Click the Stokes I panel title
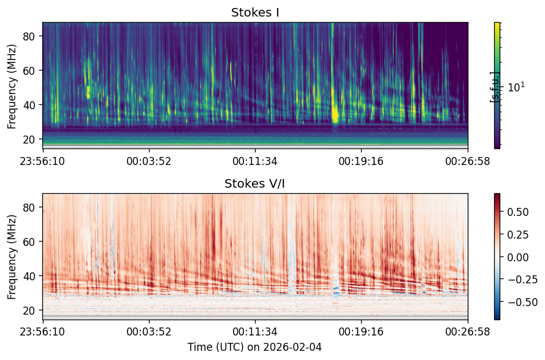coord(255,12)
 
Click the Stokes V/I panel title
coord(255,183)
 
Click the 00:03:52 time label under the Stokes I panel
coord(149,161)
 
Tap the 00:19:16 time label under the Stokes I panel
coord(361,161)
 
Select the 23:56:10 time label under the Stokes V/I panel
coord(42,331)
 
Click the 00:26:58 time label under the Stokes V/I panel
coord(468,331)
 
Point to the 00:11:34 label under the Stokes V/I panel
coord(255,331)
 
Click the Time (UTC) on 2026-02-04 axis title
coord(255,347)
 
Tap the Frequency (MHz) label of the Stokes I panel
coord(12,86)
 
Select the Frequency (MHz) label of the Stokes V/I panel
coord(12,257)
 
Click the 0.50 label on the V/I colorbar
coord(518,212)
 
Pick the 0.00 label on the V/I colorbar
coord(518,258)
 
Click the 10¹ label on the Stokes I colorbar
coord(517,86)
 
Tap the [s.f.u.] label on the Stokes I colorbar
coord(494,87)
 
